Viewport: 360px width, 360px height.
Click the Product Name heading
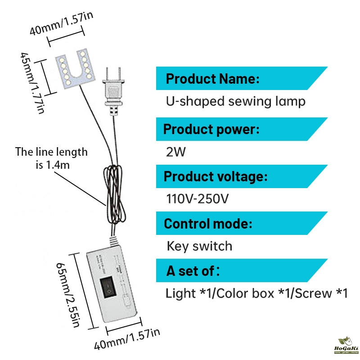(x=212, y=79)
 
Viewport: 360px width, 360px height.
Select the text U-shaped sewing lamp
(x=236, y=101)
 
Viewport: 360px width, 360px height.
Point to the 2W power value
(x=175, y=152)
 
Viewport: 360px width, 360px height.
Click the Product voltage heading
(x=215, y=176)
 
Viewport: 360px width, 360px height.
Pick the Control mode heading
(x=207, y=224)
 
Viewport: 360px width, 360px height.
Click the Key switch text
(x=199, y=246)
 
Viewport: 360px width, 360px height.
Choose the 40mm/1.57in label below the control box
(x=127, y=340)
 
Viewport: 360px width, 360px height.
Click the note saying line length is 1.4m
(x=52, y=158)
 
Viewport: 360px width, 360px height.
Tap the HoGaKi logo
(x=344, y=347)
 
